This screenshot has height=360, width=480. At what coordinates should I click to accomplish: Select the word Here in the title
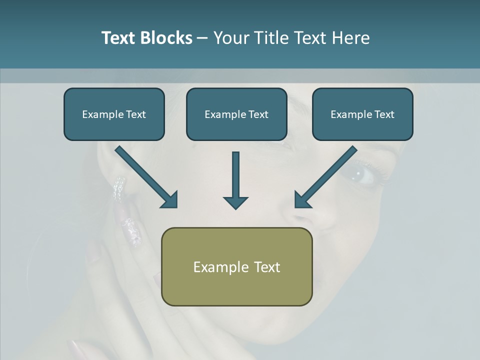coord(351,38)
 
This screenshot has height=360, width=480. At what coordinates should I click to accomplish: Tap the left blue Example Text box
coord(114,114)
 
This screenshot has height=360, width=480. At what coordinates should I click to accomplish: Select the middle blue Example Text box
coord(236,114)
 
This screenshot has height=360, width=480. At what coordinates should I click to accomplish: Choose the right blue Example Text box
coord(362,114)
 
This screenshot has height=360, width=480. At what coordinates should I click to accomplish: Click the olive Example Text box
coord(236,266)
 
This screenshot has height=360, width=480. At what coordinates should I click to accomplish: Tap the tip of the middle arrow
coord(235,206)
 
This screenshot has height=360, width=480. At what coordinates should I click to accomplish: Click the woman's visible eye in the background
coord(361,174)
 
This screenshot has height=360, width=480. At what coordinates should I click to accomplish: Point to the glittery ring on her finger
coord(119,189)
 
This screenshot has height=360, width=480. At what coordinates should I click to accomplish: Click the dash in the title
coord(202,38)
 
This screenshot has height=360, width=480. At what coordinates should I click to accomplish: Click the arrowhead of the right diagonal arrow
coord(302,199)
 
